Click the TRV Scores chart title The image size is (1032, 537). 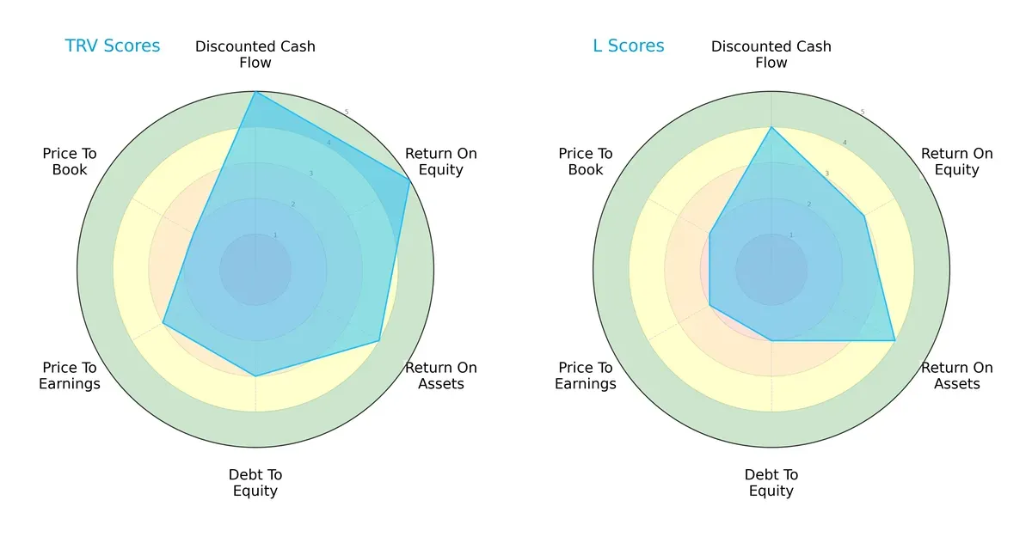click(x=113, y=46)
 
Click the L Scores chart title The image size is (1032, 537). click(x=629, y=46)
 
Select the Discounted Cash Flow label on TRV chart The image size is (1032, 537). click(x=255, y=54)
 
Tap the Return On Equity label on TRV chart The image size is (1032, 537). click(x=441, y=162)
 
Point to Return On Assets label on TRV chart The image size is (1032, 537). click(x=441, y=375)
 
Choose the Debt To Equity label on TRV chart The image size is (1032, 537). click(x=255, y=483)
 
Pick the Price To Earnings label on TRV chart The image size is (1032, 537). click(x=70, y=375)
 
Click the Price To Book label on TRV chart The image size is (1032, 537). click(x=70, y=162)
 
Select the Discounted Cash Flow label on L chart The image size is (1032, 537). click(x=771, y=54)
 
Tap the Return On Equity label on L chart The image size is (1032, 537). click(x=957, y=162)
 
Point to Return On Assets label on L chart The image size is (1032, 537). click(x=957, y=375)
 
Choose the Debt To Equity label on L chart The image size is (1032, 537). click(x=771, y=483)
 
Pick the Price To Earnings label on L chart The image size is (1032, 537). click(x=586, y=375)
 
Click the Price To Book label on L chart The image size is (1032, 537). click(x=586, y=162)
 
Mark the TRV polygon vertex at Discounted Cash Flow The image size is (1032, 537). click(x=255, y=92)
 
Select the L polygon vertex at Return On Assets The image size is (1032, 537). click(x=894, y=340)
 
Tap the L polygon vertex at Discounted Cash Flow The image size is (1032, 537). click(x=771, y=128)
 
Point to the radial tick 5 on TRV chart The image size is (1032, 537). click(x=347, y=113)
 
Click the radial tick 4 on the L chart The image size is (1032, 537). click(x=845, y=143)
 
